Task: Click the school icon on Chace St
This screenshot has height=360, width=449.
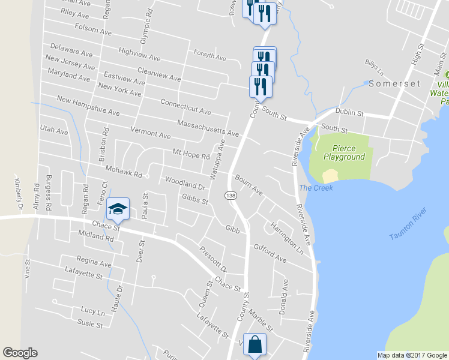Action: point(118,208)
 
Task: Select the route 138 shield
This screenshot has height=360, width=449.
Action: point(230,196)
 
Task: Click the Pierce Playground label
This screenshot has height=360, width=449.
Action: point(344,152)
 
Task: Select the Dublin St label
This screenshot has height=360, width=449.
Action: point(349,112)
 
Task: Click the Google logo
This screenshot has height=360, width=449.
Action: point(20,353)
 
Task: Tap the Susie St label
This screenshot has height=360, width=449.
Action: point(90,324)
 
